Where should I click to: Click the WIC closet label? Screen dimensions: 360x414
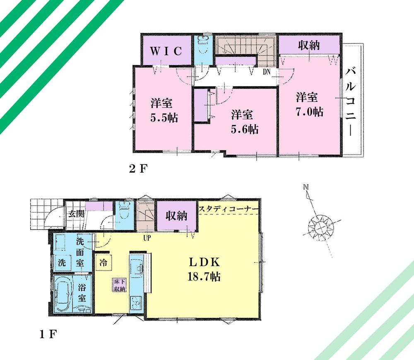pyautogui.click(x=166, y=51)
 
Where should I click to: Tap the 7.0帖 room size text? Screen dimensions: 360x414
pyautogui.click(x=309, y=112)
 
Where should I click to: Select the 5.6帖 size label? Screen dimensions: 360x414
pyautogui.click(x=245, y=129)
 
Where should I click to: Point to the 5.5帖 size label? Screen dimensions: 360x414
pyautogui.click(x=164, y=118)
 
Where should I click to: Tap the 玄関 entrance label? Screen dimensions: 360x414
pyautogui.click(x=75, y=215)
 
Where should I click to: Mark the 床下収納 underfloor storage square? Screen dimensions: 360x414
pyautogui.click(x=119, y=286)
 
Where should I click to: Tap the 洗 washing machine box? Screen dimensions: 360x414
pyautogui.click(x=61, y=262)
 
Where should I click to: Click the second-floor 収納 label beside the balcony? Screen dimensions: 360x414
pyautogui.click(x=309, y=45)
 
